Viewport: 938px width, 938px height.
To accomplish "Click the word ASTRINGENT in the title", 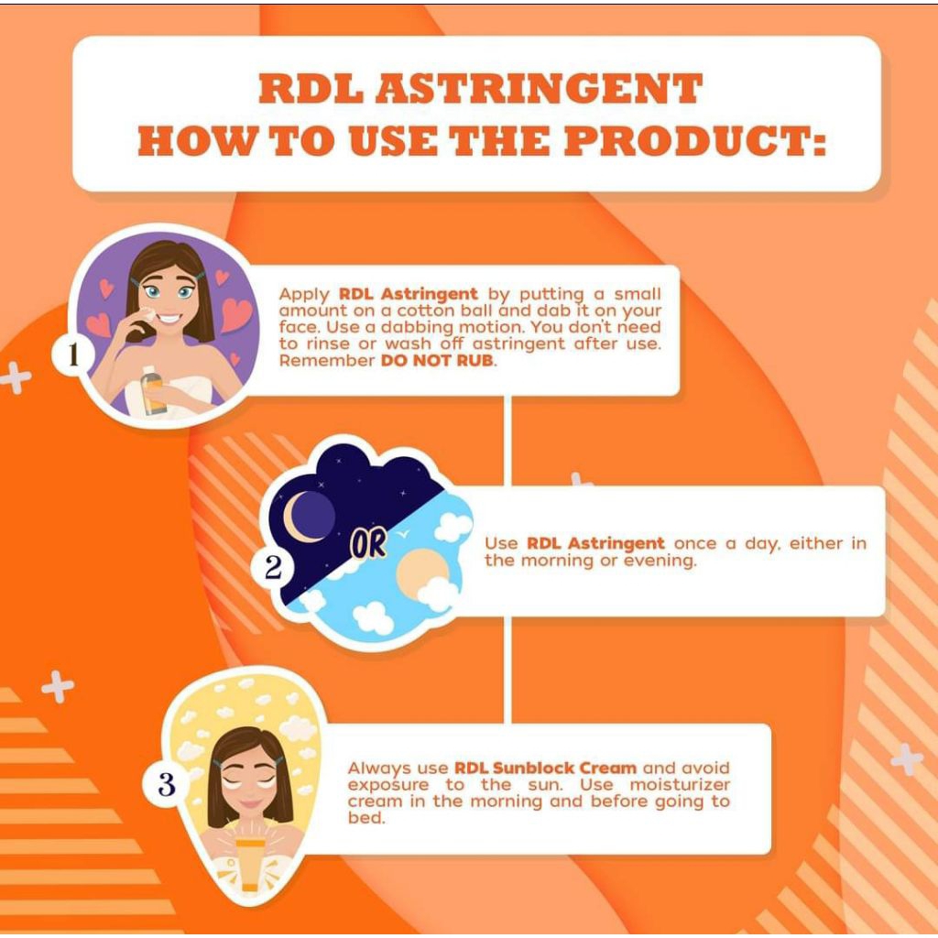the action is [x=539, y=89].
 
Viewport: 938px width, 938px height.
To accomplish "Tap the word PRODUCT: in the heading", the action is [x=695, y=141].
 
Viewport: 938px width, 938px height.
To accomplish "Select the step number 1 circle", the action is [x=72, y=354].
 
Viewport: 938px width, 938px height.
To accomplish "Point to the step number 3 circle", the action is [x=166, y=784].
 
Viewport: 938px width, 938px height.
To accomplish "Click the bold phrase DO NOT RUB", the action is [x=438, y=360].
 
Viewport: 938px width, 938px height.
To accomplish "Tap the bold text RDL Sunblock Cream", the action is [x=545, y=768].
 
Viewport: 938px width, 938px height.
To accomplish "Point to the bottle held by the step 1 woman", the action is [x=152, y=389].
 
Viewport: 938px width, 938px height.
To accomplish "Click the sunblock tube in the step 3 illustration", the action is [x=251, y=865].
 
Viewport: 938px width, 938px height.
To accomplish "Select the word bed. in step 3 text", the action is [x=365, y=817].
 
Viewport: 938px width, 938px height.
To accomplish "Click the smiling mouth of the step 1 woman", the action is [x=169, y=318].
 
